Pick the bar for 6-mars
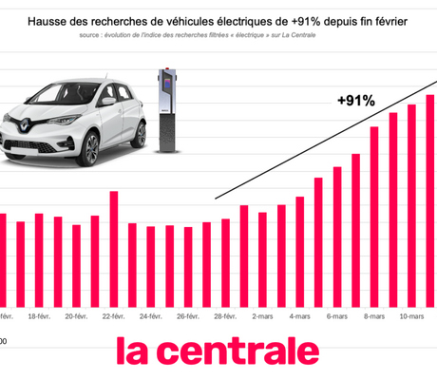(x=337, y=237)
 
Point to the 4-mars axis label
(x=300, y=316)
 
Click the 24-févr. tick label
(x=151, y=316)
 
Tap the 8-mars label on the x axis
(x=374, y=316)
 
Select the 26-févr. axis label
(x=188, y=316)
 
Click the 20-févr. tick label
(x=76, y=316)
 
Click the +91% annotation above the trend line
(x=356, y=100)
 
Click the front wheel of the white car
(x=88, y=147)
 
